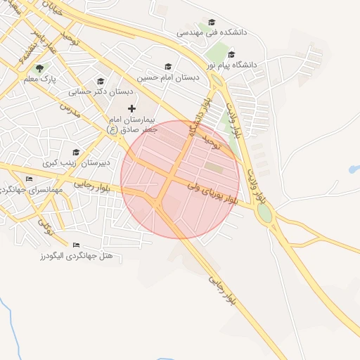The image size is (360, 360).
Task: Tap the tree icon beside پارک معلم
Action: [39, 68]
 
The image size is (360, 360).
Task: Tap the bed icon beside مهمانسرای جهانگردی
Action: [29, 179]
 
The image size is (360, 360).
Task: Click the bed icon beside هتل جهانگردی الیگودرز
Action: [76, 245]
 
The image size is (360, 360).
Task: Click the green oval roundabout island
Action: [265, 214]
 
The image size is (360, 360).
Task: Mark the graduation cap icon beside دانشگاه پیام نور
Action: [231, 54]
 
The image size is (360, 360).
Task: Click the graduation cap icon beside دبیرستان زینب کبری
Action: [76, 152]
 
